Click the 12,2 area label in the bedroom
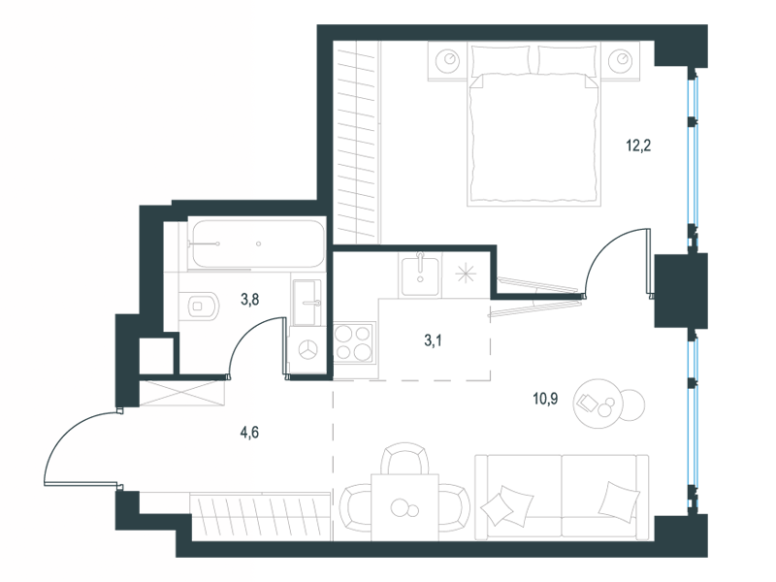tap(638, 145)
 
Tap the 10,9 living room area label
tap(545, 398)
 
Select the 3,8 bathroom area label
tap(249, 299)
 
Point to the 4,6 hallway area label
tap(249, 432)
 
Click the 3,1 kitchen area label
tap(433, 340)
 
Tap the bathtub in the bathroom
tap(257, 243)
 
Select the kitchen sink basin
tap(420, 276)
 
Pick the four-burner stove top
tap(354, 342)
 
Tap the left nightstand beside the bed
tap(447, 60)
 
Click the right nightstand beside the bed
tap(621, 60)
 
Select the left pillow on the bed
tap(501, 60)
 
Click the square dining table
tap(404, 506)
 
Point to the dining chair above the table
tap(404, 458)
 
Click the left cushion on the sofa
tap(506, 504)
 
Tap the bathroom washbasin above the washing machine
tap(307, 303)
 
